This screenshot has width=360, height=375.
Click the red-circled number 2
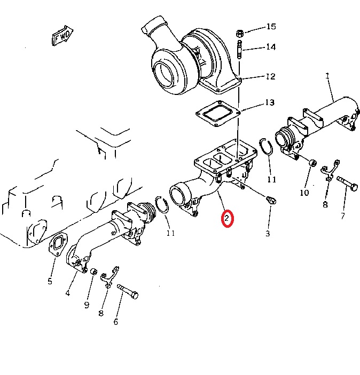[227, 218]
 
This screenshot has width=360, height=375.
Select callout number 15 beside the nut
[271, 26]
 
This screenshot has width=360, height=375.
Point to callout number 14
[271, 47]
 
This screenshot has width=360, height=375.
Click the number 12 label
[271, 76]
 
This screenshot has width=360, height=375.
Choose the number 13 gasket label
[270, 102]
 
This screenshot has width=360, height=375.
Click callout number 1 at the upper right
[327, 76]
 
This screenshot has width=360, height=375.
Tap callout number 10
[304, 193]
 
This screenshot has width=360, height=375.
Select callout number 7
[342, 216]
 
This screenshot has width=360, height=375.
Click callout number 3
[268, 233]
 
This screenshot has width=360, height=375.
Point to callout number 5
[50, 281]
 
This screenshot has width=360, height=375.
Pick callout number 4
[68, 292]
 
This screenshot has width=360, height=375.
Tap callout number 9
[87, 305]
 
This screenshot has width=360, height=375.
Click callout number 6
[115, 322]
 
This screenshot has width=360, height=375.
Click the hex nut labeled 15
[240, 34]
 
